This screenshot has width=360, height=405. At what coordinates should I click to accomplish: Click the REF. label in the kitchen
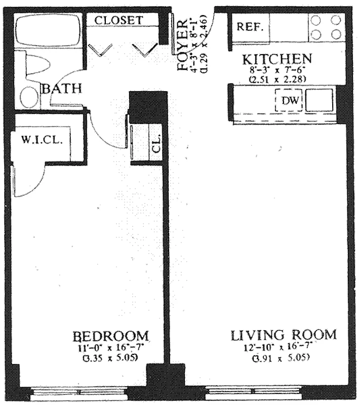click(250, 27)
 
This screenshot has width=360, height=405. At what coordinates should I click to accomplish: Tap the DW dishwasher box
click(289, 101)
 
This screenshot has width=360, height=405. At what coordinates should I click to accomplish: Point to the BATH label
click(61, 89)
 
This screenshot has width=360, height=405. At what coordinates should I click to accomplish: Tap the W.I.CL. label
click(42, 139)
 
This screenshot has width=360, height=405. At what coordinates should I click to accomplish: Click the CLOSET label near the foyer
click(119, 20)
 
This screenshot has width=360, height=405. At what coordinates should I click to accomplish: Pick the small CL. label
click(156, 144)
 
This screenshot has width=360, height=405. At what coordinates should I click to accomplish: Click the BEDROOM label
click(111, 336)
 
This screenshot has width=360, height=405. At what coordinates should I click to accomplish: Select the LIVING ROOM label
click(284, 335)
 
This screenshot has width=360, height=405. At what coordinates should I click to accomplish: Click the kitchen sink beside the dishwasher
click(319, 100)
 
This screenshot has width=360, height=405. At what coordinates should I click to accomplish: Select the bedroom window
click(78, 392)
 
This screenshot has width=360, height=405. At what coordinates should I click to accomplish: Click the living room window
click(253, 392)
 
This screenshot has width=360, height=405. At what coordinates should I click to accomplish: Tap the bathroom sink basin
click(29, 97)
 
